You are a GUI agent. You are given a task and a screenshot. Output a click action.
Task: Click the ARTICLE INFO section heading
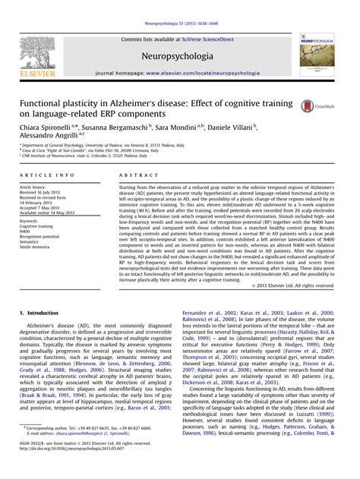pos(42,175)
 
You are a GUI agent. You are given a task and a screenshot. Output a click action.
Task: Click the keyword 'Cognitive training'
pos(36,227)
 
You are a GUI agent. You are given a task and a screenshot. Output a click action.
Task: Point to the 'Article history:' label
pos(33,187)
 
